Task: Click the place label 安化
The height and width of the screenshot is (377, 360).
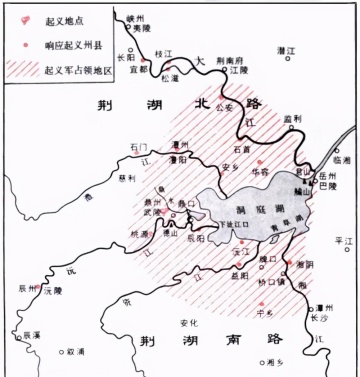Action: [188, 322]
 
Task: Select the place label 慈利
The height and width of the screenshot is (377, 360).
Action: [126, 179]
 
